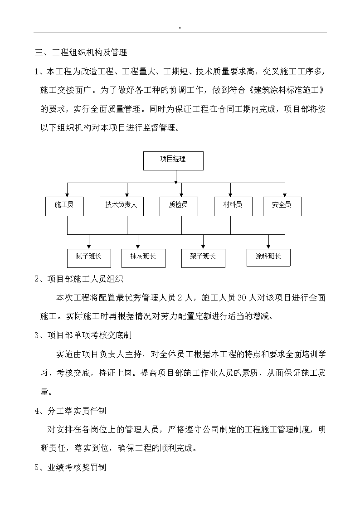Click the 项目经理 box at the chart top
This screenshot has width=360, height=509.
[x=173, y=161]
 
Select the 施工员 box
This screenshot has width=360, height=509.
[x=64, y=206]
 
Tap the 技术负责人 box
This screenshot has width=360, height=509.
[x=122, y=206]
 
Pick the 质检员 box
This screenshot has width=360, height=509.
[x=179, y=206]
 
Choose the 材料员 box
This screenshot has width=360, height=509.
[x=233, y=206]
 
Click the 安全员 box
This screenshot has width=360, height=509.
[x=282, y=206]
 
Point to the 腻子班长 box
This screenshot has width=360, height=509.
[x=89, y=258]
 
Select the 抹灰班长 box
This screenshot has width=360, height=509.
[x=143, y=258]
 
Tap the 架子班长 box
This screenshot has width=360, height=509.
[x=203, y=258]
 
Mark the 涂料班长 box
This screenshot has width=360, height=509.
[x=268, y=257]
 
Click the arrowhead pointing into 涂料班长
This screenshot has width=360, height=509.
[x=268, y=247]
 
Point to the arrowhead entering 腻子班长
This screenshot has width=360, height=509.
[x=89, y=247]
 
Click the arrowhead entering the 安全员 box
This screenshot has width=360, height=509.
[x=285, y=194]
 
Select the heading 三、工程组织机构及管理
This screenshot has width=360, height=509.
[x=81, y=53]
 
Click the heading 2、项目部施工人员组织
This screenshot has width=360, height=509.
[x=79, y=279]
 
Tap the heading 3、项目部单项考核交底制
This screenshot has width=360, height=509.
[x=83, y=335]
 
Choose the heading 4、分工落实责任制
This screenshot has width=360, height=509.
[x=70, y=411]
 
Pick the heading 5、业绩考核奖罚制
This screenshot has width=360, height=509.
[x=70, y=467]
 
